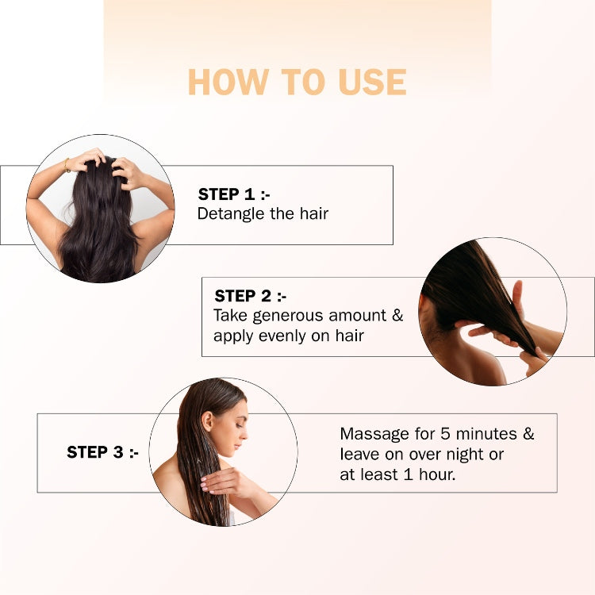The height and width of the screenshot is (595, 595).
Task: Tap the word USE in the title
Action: tap(372, 82)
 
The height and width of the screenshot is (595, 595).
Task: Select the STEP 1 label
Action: tap(234, 194)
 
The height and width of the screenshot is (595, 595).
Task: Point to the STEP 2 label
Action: tap(251, 296)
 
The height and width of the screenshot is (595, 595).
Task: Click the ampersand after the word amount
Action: tap(397, 315)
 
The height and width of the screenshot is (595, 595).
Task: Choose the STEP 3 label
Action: tap(102, 452)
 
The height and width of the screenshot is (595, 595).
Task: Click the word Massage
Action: tap(374, 435)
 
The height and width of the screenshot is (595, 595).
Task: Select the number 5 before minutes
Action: tap(446, 434)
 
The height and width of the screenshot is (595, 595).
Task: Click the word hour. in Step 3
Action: tap(437, 474)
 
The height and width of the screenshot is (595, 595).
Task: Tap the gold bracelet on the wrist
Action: tap(67, 165)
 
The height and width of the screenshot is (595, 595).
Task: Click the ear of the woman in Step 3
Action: tap(208, 420)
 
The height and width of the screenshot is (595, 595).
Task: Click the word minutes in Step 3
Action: tap(486, 434)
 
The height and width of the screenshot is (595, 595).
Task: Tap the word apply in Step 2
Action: tap(233, 337)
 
